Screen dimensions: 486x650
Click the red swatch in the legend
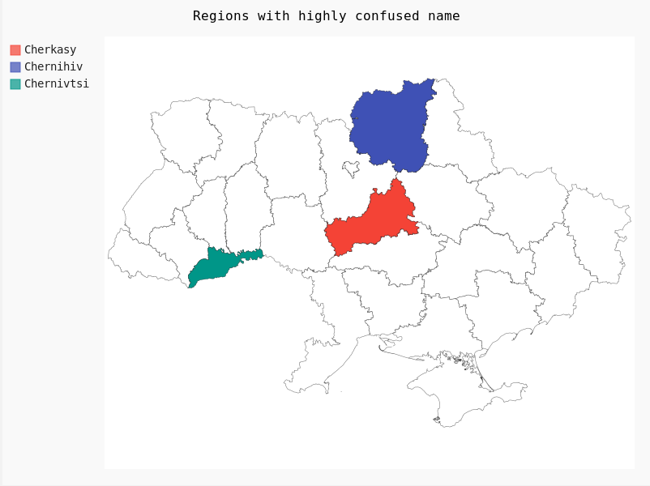tap(15, 50)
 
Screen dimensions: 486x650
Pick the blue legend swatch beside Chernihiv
tap(15, 67)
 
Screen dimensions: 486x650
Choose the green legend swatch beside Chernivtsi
tap(15, 84)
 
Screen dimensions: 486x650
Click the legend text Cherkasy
tap(50, 50)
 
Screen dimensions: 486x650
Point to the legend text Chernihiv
tap(53, 67)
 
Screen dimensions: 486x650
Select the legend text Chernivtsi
tap(57, 84)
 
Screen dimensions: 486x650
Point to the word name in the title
tap(443, 16)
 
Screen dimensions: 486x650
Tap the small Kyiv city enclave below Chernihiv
tap(351, 168)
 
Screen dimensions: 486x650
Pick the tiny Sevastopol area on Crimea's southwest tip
tap(437, 420)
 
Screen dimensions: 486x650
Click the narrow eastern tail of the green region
tap(252, 254)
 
